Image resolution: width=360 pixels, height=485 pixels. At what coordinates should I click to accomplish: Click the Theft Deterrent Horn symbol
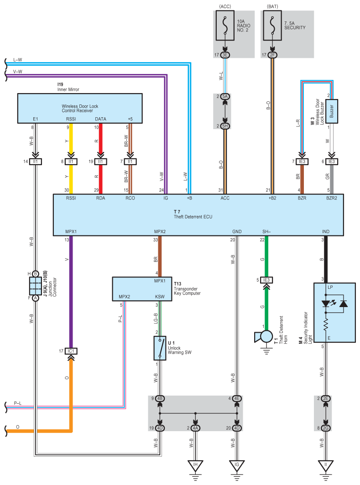[263, 337]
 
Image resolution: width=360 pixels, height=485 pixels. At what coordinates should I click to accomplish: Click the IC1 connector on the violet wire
[71, 351]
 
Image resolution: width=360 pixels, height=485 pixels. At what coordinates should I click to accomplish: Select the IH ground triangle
[195, 465]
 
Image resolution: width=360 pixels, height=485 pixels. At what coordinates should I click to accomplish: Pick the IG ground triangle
[236, 465]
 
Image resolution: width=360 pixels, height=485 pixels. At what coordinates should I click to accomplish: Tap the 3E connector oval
[225, 55]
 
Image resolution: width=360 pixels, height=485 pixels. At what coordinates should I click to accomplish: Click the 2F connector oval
[272, 55]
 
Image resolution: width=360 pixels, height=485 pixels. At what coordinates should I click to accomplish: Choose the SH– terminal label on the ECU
[266, 231]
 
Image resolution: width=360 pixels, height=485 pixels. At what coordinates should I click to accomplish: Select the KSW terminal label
[160, 297]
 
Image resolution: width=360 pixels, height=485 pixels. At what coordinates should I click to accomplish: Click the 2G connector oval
[325, 428]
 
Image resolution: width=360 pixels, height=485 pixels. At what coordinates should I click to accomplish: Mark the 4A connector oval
[195, 428]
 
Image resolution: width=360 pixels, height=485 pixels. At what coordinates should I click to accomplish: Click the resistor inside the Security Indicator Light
[325, 325]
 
